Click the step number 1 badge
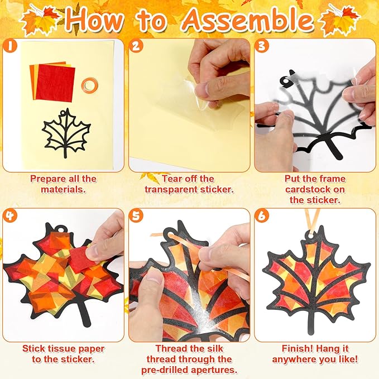(x=10, y=46)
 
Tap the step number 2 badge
(x=136, y=46)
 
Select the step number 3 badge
(x=261, y=46)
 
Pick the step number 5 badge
(x=136, y=215)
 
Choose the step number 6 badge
(x=261, y=215)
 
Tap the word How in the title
(x=94, y=20)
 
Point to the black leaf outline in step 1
(x=66, y=132)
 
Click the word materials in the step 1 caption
(x=63, y=189)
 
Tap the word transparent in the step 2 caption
(x=172, y=189)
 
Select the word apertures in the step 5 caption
(x=212, y=370)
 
